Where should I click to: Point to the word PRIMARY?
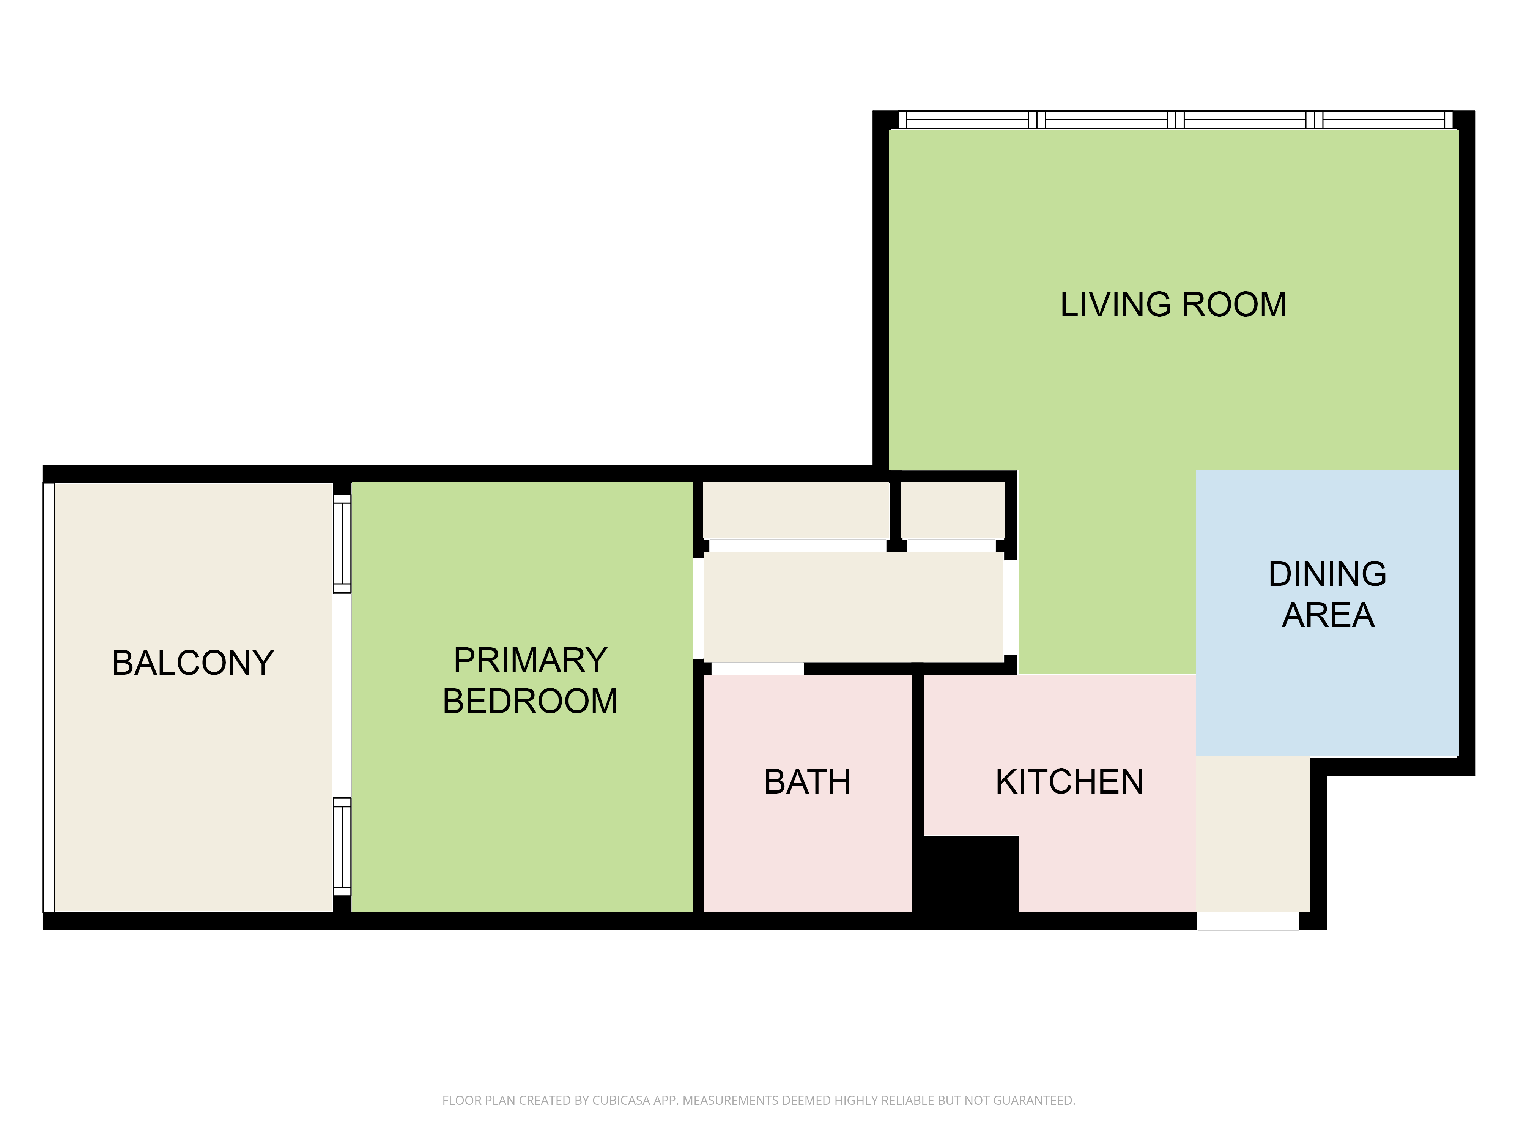tap(530, 661)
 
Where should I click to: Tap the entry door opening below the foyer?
tap(1248, 921)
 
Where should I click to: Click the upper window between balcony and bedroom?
tap(342, 544)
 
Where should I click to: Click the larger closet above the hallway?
tap(796, 510)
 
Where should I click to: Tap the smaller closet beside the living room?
tap(953, 510)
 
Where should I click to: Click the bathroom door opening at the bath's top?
tap(757, 668)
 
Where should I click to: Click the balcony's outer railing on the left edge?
tap(48, 697)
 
